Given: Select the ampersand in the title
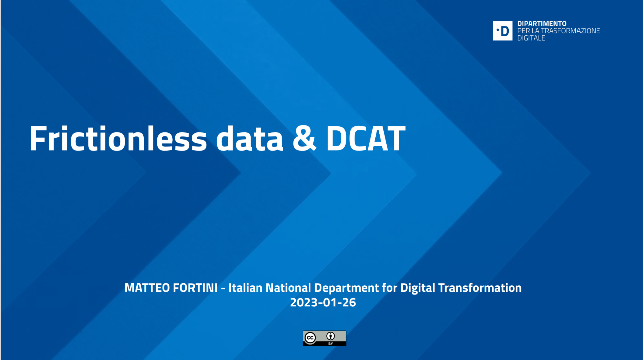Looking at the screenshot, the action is point(304,139).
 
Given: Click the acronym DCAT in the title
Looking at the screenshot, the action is point(366,139).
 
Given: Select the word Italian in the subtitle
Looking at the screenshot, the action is point(245,288).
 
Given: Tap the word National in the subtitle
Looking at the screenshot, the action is point(288,288).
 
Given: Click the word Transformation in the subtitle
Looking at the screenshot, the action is point(480,288).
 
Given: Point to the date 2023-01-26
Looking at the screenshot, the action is point(323,303).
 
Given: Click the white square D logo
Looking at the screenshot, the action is point(502,31).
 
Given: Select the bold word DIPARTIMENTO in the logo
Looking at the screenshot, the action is point(542,24).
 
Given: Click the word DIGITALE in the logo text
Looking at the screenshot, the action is point(531,38).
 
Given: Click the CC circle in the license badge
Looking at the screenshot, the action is point(310,338).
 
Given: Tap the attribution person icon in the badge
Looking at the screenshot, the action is point(330,336).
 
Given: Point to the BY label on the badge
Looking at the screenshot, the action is point(330,343).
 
